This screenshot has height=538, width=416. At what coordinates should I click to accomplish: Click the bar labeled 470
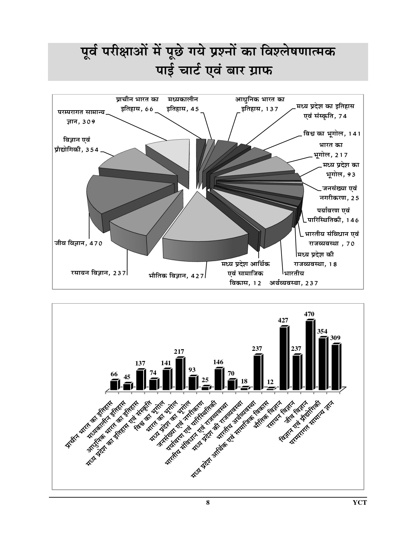[310, 355]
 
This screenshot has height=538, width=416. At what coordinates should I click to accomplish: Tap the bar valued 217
[179, 374]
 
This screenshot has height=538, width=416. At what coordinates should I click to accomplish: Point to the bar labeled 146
[218, 379]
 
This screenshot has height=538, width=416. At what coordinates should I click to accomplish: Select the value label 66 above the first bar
[114, 374]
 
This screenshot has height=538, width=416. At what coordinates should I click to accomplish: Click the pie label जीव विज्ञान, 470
[79, 243]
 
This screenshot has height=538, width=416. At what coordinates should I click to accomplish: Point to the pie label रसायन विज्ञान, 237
[98, 273]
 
